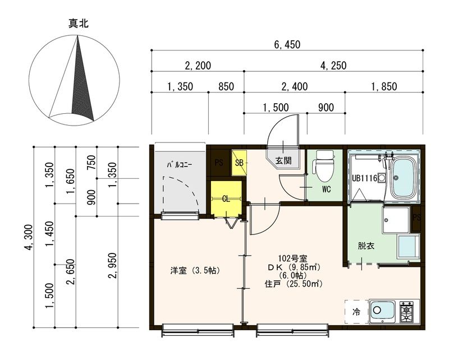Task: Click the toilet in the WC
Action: (x=324, y=167)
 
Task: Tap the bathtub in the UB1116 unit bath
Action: (x=404, y=177)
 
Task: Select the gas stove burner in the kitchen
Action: (x=406, y=311)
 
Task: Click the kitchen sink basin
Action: (x=383, y=311)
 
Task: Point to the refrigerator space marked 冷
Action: (x=356, y=312)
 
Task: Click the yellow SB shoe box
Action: (x=239, y=163)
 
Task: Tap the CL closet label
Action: (x=226, y=199)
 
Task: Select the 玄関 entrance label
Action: (x=283, y=160)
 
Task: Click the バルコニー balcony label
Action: (x=179, y=165)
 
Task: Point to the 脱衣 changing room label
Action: (x=366, y=246)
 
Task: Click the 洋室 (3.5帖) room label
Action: (x=195, y=270)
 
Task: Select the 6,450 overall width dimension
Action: (x=287, y=45)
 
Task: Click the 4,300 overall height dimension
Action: (x=29, y=238)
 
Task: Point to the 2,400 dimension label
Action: (x=294, y=86)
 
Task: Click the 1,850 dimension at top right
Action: (x=384, y=86)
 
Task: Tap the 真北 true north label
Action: (x=78, y=24)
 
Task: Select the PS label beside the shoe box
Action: (x=219, y=163)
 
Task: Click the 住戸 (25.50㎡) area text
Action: (x=294, y=284)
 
